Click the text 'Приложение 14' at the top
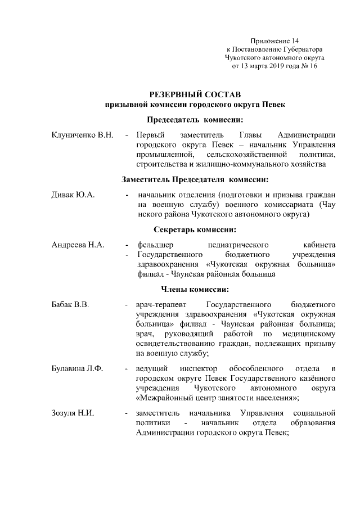click(x=275, y=41)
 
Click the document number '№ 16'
click(x=308, y=66)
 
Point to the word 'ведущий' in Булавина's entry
click(x=150, y=368)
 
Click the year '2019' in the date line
click(x=277, y=66)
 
